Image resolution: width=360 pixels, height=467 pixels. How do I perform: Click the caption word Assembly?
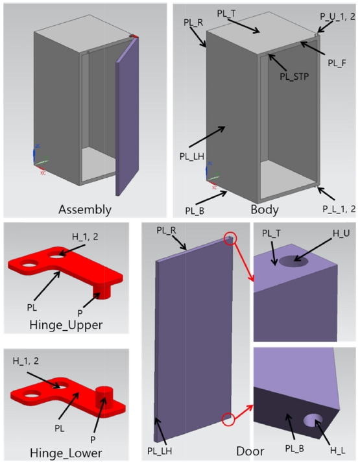[85, 210]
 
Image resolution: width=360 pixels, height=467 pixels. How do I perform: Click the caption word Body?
[265, 210]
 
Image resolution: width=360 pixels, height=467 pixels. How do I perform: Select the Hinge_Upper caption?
[66, 325]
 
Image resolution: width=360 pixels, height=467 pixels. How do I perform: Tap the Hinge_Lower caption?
[66, 453]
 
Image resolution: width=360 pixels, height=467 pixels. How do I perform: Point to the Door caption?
[250, 451]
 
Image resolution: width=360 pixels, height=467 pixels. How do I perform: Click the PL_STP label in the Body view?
[294, 77]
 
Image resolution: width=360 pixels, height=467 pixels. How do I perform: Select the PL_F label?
[337, 63]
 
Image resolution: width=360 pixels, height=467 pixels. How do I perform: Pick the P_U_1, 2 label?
[338, 16]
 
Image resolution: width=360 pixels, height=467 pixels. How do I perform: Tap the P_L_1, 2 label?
[339, 209]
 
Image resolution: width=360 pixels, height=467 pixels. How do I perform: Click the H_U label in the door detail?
[341, 233]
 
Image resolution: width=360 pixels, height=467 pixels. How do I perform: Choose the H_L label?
[338, 450]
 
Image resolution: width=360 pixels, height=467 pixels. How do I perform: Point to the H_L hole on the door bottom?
[313, 420]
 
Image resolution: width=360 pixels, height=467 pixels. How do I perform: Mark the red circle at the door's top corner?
[230, 239]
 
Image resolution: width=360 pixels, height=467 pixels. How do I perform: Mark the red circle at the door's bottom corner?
[228, 419]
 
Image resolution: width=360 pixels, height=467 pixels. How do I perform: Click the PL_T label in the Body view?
[226, 14]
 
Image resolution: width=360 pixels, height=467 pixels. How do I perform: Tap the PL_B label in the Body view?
[195, 211]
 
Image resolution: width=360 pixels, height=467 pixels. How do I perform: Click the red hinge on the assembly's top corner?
[134, 36]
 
